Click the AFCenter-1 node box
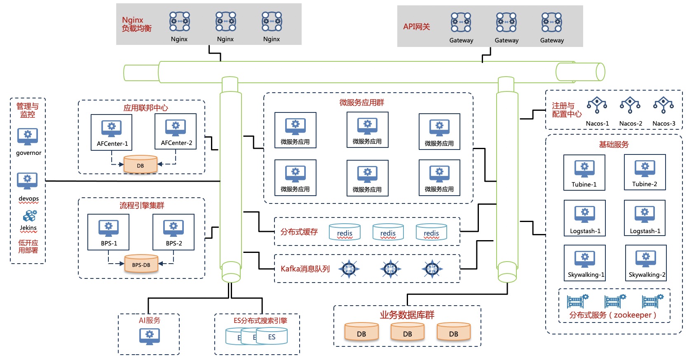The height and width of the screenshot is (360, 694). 111,132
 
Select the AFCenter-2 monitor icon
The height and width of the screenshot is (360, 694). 176,127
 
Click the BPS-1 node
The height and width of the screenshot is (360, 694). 108,232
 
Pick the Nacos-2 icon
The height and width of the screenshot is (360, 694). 630,105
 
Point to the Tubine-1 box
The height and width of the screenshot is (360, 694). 584,173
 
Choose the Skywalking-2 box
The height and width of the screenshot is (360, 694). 646,263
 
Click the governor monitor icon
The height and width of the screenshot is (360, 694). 28,136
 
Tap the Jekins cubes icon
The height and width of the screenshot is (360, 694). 29,216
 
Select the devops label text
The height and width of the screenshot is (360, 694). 28,199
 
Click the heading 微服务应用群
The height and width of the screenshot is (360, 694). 361,103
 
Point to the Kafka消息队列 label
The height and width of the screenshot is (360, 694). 305,269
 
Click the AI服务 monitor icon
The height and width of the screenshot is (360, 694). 150,336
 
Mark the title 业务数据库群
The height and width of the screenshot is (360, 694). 407,315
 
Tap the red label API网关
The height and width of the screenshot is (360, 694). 416,27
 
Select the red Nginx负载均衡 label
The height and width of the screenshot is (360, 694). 136,24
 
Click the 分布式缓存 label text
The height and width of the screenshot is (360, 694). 299,232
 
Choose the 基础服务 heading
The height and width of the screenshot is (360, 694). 614,145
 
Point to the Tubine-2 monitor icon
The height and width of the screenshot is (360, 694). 645,168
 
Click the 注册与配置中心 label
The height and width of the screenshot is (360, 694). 567,110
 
